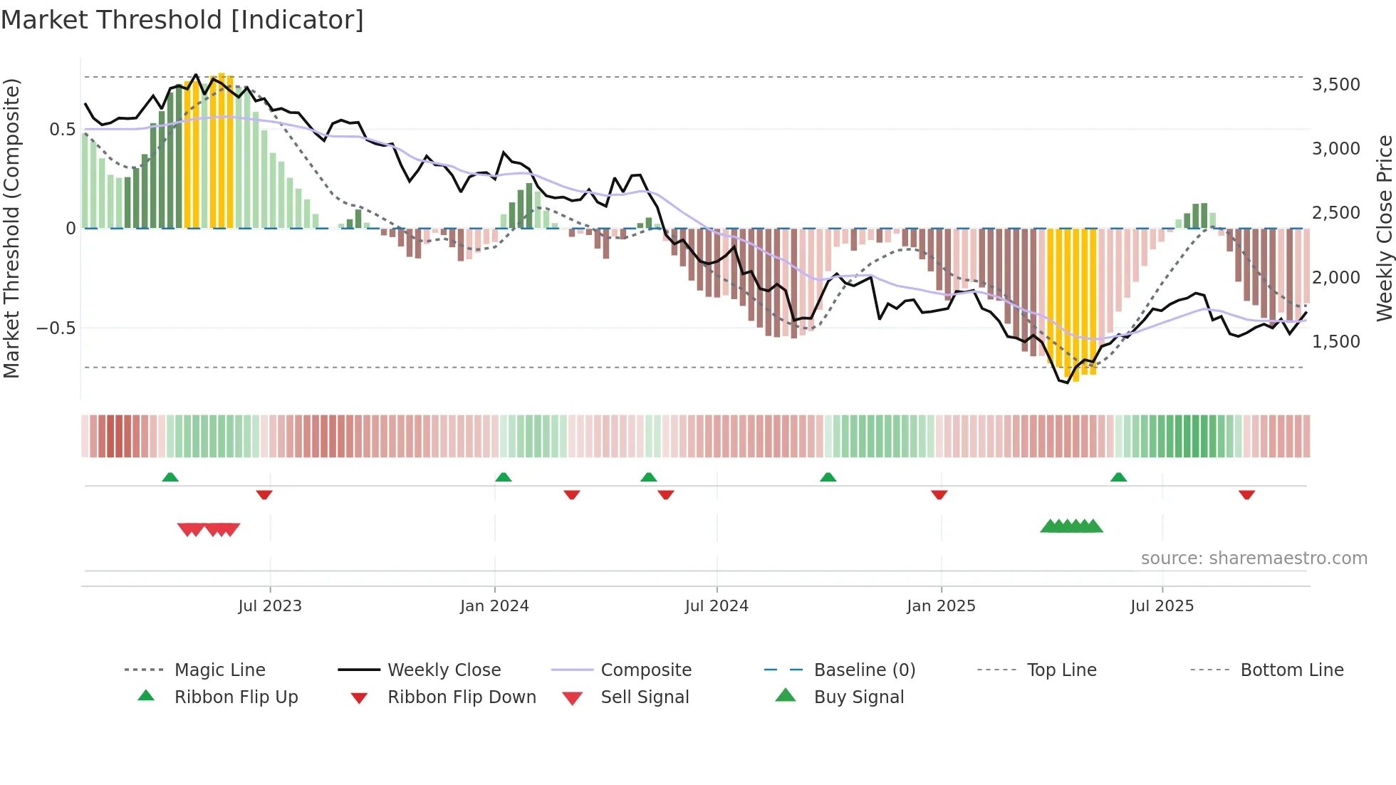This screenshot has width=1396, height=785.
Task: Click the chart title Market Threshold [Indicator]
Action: [182, 20]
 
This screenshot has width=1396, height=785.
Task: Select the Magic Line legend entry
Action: [219, 670]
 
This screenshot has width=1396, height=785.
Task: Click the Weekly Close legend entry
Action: [444, 670]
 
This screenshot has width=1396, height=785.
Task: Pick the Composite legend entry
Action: [645, 670]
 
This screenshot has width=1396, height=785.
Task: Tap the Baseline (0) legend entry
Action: [864, 670]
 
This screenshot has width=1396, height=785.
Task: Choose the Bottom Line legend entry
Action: [1291, 670]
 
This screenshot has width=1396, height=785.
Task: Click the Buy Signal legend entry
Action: [858, 697]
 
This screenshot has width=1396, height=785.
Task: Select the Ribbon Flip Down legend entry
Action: [461, 697]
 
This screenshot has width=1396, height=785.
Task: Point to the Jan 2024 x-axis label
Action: [494, 605]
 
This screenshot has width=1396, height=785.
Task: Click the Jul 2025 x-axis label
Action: [1162, 605]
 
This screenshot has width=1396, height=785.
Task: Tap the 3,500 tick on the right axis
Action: [1335, 84]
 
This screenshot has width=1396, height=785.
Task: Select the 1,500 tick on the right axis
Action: [1335, 341]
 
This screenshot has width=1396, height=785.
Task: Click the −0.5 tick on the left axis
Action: [56, 328]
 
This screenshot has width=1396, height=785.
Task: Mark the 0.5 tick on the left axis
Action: [62, 129]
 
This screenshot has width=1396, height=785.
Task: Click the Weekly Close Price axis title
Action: [1384, 228]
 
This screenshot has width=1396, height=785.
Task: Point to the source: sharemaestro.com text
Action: [1254, 558]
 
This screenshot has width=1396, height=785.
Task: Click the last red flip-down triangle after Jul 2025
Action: [1246, 494]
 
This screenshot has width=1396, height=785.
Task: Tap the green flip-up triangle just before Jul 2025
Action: [1118, 477]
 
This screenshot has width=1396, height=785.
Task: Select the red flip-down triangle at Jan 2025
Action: [939, 494]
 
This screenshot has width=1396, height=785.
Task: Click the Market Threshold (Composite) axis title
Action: [11, 228]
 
